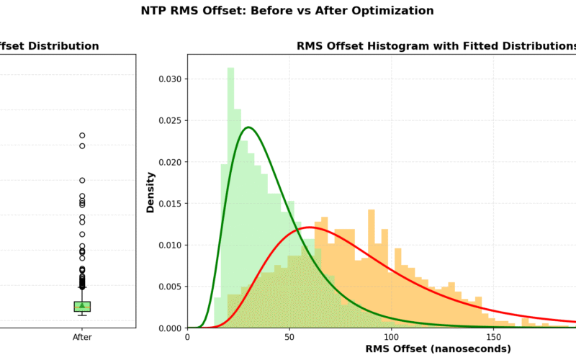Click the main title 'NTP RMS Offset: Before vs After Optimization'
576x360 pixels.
pyautogui.click(x=287, y=11)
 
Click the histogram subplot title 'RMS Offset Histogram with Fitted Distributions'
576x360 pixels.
pyautogui.click(x=436, y=46)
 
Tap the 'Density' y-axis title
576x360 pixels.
pyautogui.click(x=151, y=191)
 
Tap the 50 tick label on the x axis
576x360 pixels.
pyautogui.click(x=289, y=336)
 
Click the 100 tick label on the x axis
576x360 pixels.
pyautogui.click(x=391, y=336)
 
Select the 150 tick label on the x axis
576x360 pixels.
pyautogui.click(x=493, y=336)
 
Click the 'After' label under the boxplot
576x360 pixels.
pyautogui.click(x=82, y=336)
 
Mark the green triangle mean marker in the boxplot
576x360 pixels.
pyautogui.click(x=82, y=305)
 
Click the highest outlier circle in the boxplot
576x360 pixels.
pyautogui.click(x=82, y=135)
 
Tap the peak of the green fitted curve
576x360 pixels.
pyautogui.click(x=248, y=127)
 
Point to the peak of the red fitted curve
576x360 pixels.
pyautogui.click(x=309, y=228)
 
